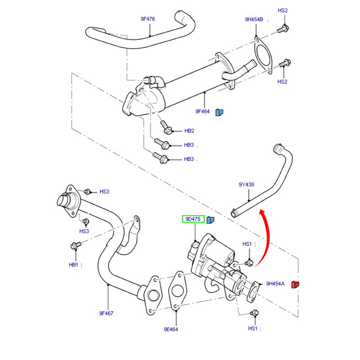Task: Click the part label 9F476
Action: coord(148,19)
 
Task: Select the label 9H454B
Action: coord(254,19)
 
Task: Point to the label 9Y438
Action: coord(247,184)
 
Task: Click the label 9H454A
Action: coord(275,283)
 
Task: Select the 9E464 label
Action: coord(171,329)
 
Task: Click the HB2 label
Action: coord(189,131)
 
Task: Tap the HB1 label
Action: coord(74,265)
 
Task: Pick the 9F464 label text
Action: coord(202,111)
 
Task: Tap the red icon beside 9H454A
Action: coord(296,284)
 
